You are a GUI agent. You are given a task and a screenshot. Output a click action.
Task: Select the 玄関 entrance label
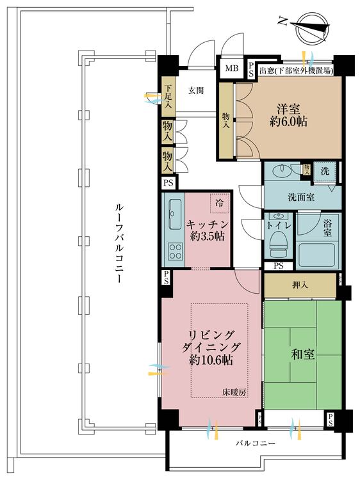click(x=195, y=90)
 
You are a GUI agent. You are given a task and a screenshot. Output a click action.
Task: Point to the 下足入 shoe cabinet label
click(x=168, y=97)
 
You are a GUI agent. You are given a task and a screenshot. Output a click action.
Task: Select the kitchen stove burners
click(x=174, y=252)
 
